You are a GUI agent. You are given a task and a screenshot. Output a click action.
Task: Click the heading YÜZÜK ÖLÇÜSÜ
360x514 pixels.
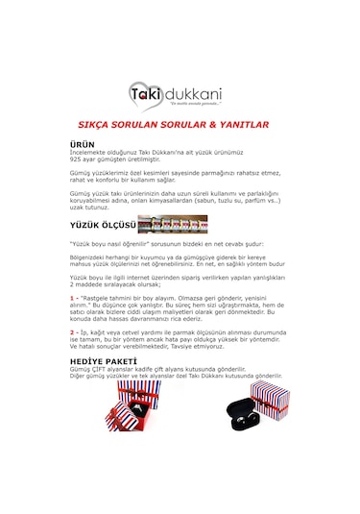click(x=103, y=227)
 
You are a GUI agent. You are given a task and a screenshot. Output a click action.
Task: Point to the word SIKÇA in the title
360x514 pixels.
click(x=95, y=125)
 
